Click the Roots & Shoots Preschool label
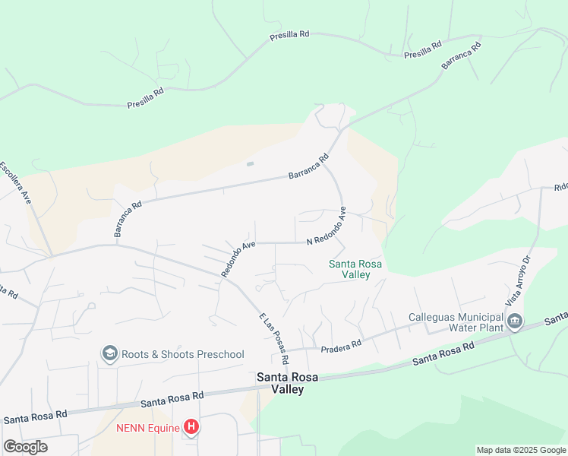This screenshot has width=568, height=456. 183,354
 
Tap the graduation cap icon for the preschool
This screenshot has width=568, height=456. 110,353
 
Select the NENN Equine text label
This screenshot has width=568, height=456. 148,428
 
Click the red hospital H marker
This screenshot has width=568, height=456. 192,427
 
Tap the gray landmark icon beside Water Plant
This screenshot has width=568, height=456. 516,321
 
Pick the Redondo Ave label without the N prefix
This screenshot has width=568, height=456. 238,259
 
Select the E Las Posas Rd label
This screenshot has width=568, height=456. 274,337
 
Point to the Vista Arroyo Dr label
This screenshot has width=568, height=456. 519,278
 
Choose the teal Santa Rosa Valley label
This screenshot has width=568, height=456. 355,269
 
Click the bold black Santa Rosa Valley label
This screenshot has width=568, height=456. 280,383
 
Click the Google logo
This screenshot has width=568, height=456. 24,447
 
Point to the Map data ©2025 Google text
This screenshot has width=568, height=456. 521,450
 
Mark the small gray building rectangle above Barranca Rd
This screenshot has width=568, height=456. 250,163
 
